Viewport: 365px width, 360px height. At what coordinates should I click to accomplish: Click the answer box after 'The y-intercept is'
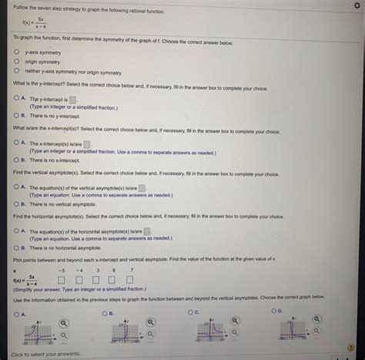[73, 99]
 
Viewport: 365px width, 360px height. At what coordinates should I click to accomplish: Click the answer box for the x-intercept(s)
[87, 143]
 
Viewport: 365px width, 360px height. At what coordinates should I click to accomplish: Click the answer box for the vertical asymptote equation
[142, 187]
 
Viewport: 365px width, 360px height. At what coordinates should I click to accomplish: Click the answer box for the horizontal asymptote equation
[146, 231]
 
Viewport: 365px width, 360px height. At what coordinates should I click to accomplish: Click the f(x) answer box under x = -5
[60, 281]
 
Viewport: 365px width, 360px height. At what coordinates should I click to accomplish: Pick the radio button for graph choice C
[190, 313]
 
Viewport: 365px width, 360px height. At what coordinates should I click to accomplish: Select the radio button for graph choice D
[275, 311]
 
